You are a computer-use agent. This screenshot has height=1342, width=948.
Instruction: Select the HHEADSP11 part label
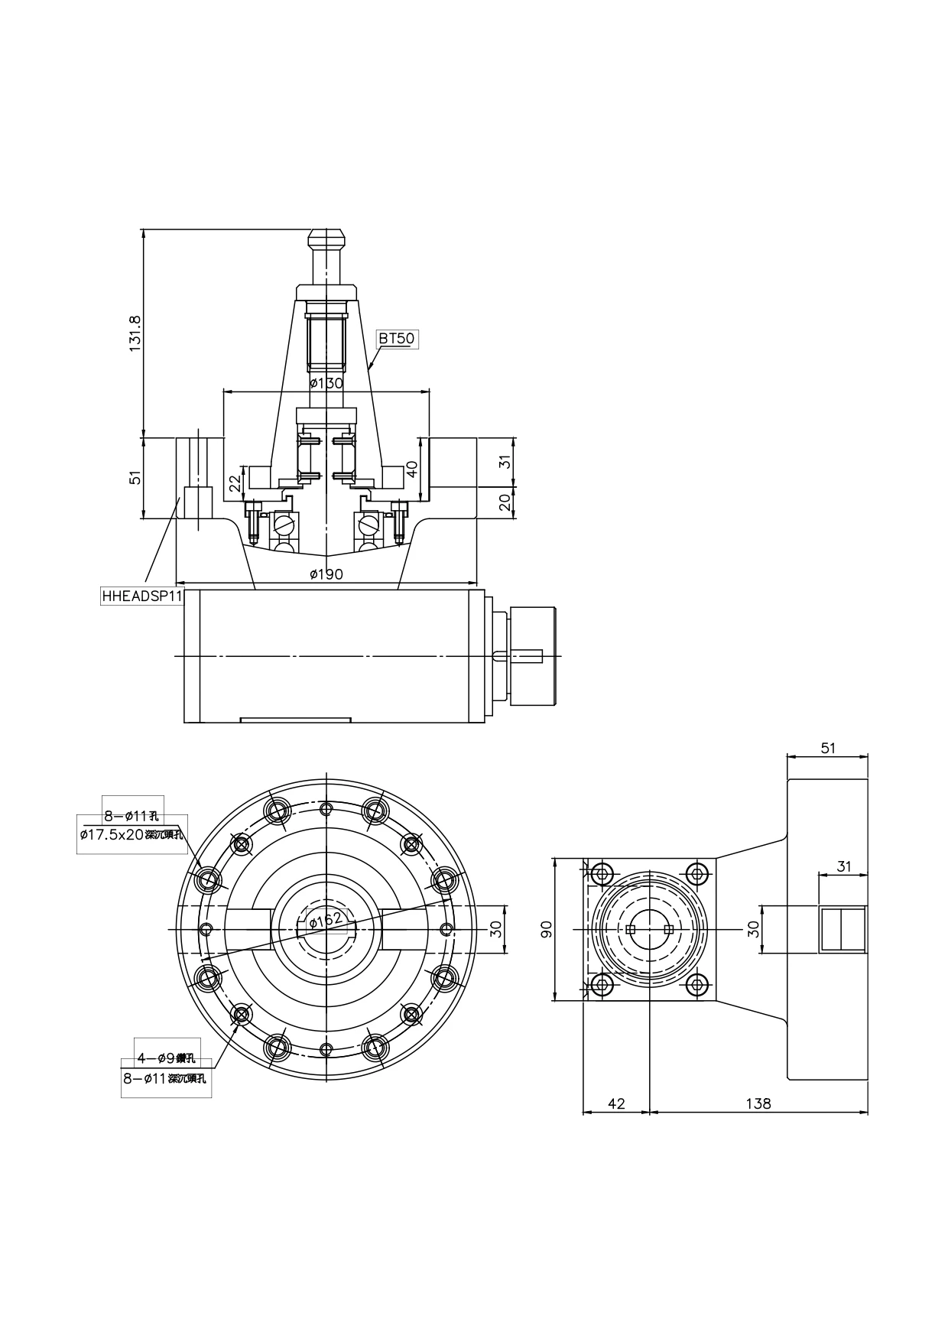pos(142,596)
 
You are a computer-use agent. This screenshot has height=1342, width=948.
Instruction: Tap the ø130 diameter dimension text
pos(326,383)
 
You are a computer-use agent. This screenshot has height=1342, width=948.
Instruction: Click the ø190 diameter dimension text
pos(326,574)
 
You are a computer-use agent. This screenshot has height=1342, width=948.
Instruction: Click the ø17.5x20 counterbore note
pos(131,834)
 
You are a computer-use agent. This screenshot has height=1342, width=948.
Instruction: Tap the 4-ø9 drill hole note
pos(166,1058)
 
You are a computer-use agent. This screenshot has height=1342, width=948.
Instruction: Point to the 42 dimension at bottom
pos(616,1103)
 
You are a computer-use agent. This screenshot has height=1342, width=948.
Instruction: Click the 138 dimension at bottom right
pos(758,1103)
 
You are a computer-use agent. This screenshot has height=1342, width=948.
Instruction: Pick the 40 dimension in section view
pos(412,469)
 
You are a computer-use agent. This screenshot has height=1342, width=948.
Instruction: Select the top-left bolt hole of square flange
pos(602,873)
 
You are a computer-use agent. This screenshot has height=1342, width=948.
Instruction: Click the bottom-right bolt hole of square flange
pos(696,985)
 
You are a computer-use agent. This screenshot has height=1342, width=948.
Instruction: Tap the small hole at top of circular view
pos(326,810)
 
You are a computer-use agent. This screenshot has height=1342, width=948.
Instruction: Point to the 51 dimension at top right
pos(828,748)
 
